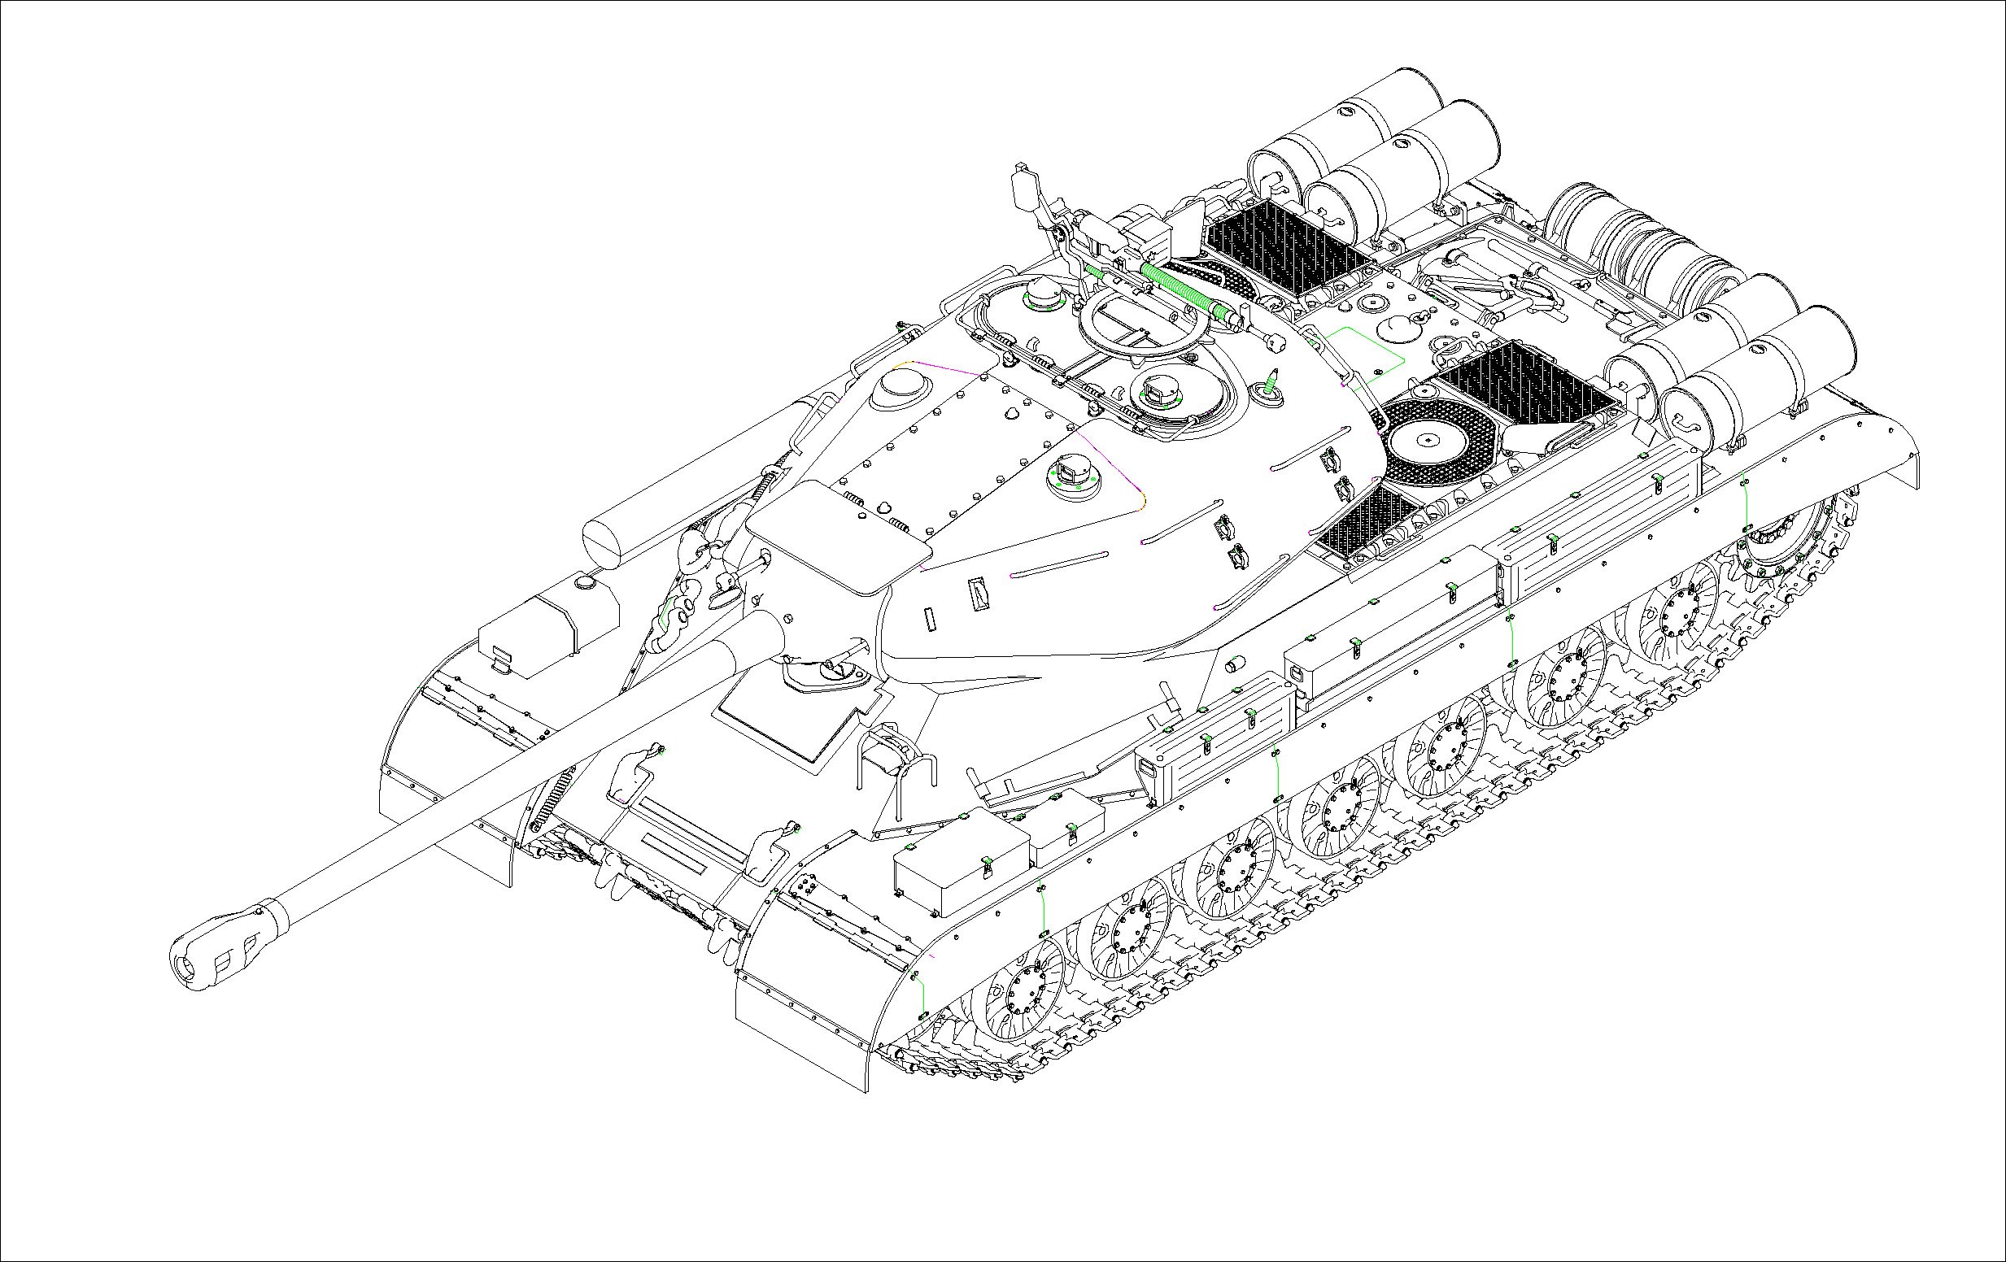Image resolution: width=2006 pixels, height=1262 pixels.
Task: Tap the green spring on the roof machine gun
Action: [1179, 288]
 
